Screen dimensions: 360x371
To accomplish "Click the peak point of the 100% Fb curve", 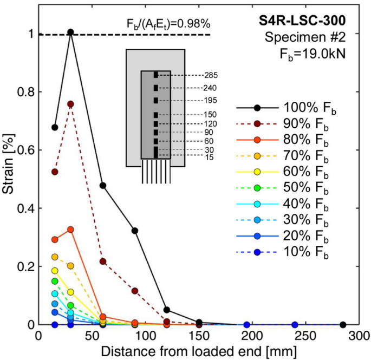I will [x=70, y=32].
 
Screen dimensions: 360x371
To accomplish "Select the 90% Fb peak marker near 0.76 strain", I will [x=70, y=104].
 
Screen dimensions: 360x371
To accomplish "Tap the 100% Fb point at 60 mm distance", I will [x=102, y=185].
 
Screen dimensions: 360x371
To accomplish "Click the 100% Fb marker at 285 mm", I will [x=343, y=325].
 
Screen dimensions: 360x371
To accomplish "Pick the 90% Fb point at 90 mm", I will [x=135, y=291].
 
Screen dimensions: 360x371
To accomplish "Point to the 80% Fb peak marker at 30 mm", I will [x=70, y=230].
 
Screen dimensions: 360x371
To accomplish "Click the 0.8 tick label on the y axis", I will [x=23, y=92].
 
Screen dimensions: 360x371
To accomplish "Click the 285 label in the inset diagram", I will [x=211, y=75].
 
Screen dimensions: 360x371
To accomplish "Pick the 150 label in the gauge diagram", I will [x=211, y=114].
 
